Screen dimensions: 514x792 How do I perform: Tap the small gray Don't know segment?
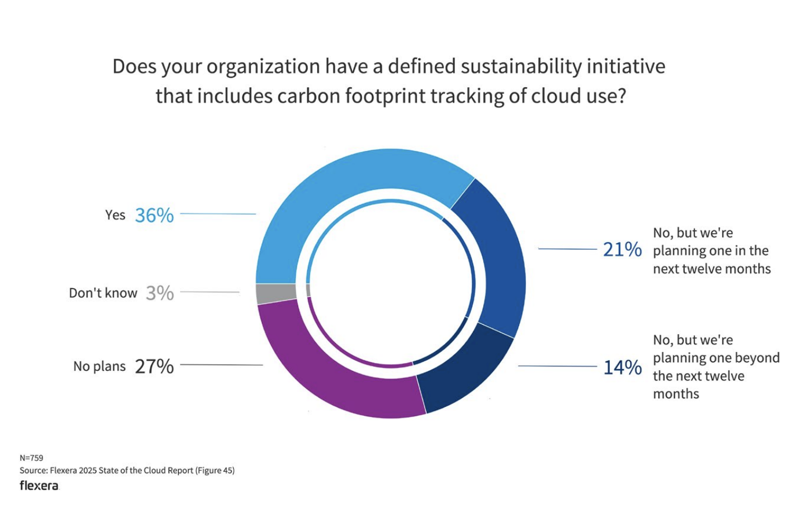tap(275, 293)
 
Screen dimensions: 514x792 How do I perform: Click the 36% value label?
tap(154, 215)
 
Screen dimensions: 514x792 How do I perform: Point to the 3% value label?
tap(160, 293)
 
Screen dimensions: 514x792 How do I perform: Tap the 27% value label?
tap(154, 366)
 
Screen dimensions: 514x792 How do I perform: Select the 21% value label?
tap(622, 250)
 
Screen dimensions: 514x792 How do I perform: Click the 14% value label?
tap(622, 367)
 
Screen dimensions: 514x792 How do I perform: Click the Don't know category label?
tap(103, 293)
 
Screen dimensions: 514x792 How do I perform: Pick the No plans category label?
tap(99, 366)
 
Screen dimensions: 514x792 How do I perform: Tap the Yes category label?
tap(115, 215)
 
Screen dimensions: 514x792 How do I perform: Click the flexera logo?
tap(39, 486)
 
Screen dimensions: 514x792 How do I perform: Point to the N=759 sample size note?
tap(31, 458)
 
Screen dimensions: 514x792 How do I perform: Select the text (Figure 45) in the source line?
tap(215, 471)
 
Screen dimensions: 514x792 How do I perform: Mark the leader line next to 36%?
tap(218, 214)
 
